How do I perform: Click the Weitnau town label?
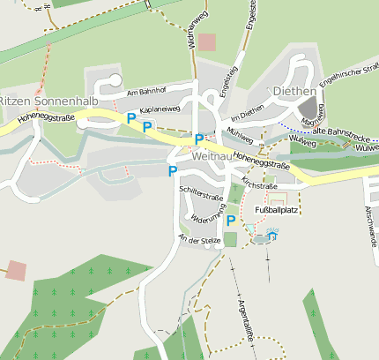pos(212,155)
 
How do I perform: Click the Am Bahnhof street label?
pos(146,92)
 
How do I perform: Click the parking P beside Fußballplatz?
pos(231,221)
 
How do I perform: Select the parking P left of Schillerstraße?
pos(173,171)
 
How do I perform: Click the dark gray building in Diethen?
pos(308,108)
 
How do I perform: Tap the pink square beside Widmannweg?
pos(207,41)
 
